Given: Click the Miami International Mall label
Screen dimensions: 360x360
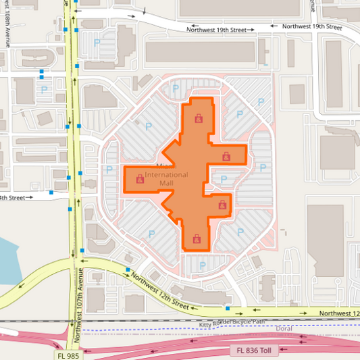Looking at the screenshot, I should click(165, 178).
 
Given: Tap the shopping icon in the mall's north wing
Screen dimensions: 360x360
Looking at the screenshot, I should click(198, 119).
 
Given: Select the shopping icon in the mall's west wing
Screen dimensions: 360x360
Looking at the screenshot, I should click(140, 180).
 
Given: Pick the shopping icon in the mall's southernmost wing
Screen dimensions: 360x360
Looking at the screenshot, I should click(197, 238).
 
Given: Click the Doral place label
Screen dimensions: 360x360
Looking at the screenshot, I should click(284, 328).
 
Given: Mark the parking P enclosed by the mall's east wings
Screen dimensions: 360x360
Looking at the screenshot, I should click(224, 180).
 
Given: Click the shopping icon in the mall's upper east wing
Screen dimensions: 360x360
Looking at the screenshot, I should click(227, 157).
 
